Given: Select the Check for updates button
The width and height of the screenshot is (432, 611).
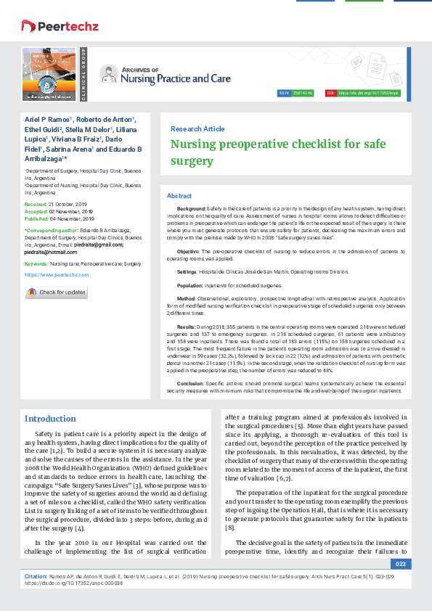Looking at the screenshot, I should pyautogui.click(x=57, y=292).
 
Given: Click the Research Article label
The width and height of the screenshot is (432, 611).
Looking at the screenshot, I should pyautogui.click(x=197, y=128).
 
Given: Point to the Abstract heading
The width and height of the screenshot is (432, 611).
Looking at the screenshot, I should pyautogui.click(x=179, y=196).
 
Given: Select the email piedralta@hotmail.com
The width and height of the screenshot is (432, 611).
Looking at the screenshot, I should pyautogui.click(x=49, y=252).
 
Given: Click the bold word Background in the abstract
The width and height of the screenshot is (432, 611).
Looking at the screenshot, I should pyautogui.click(x=191, y=208).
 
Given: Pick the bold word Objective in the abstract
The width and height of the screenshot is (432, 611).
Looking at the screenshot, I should pyautogui.click(x=188, y=250).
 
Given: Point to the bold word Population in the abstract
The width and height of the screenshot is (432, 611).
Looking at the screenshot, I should pyautogui.click(x=190, y=286).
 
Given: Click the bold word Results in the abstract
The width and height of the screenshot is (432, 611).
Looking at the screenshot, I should pyautogui.click(x=187, y=328).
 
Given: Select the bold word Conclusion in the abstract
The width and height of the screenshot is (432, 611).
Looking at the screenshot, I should pyautogui.click(x=190, y=382).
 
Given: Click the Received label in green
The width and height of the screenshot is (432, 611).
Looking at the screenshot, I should pyautogui.click(x=36, y=205).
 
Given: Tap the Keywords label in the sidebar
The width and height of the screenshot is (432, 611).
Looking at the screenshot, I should pyautogui.click(x=36, y=264).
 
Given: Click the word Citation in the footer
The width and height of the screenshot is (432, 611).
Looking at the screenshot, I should pyautogui.click(x=36, y=575).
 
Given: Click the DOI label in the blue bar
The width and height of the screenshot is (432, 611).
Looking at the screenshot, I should pyautogui.click(x=331, y=94).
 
